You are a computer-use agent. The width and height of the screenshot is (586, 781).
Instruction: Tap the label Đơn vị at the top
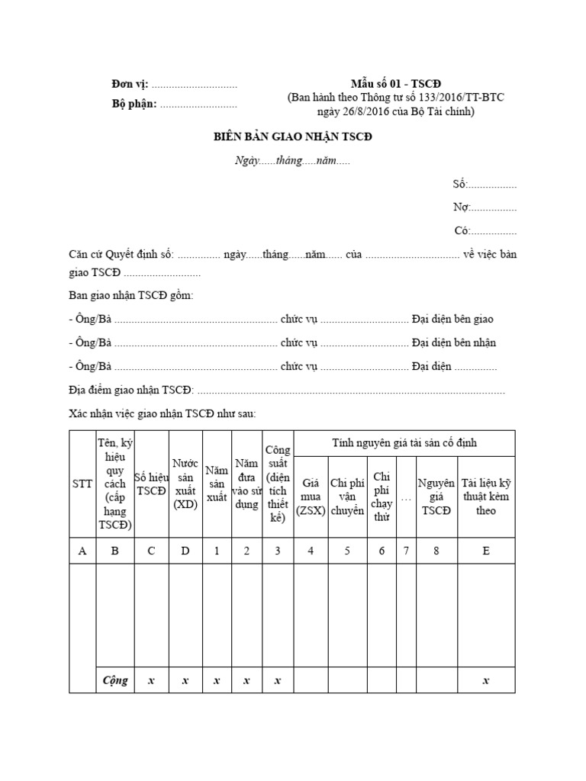pyautogui.click(x=127, y=85)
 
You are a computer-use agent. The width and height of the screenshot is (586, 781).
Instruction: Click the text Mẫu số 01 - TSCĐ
pyautogui.click(x=396, y=84)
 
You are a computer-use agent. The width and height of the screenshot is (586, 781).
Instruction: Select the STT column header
pyautogui.click(x=82, y=484)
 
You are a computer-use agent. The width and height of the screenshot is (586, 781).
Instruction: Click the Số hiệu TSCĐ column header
pyautogui.click(x=150, y=484)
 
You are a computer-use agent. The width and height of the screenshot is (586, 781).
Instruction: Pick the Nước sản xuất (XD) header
pyautogui.click(x=185, y=484)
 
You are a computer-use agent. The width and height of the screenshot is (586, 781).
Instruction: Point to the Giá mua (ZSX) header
pyautogui.click(x=311, y=497)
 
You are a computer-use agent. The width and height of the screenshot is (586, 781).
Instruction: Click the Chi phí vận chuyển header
pyautogui.click(x=347, y=497)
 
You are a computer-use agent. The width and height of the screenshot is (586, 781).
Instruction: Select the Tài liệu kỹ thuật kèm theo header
pyautogui.click(x=485, y=497)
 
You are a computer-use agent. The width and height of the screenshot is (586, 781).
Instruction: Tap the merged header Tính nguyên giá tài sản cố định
pyautogui.click(x=404, y=443)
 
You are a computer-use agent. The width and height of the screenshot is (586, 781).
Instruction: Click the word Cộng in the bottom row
pyautogui.click(x=115, y=680)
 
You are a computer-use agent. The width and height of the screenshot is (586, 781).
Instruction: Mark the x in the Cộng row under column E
pyautogui.click(x=485, y=680)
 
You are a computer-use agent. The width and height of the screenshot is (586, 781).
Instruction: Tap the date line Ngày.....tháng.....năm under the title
pyautogui.click(x=292, y=161)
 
